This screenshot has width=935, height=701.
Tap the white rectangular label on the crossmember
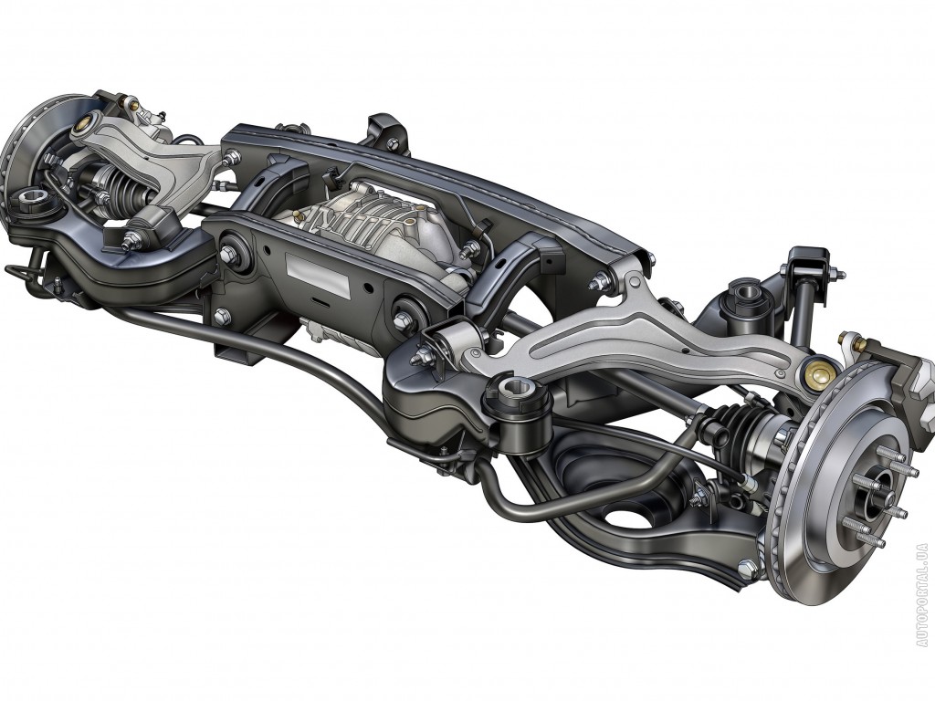tap(318, 275)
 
